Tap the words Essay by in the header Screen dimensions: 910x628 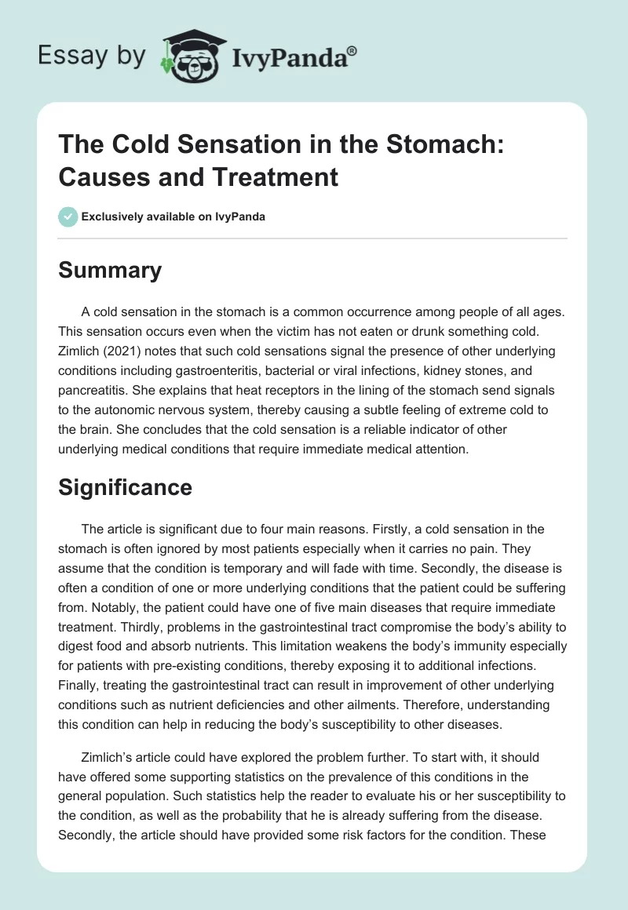[x=92, y=56]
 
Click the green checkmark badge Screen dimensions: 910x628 [x=68, y=217]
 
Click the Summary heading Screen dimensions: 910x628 [x=110, y=271]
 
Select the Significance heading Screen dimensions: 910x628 [x=126, y=487]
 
